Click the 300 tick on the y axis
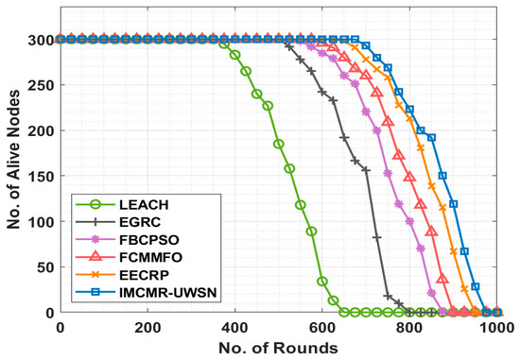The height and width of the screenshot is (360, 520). point(41,40)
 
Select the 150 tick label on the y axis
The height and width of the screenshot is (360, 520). point(41,176)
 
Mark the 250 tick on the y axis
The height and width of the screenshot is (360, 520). point(41,85)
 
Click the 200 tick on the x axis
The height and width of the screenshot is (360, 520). point(147,327)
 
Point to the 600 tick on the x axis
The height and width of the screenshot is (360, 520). point(322,327)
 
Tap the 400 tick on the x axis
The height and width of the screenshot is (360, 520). point(235,327)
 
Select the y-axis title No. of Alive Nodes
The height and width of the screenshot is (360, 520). point(13,176)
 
